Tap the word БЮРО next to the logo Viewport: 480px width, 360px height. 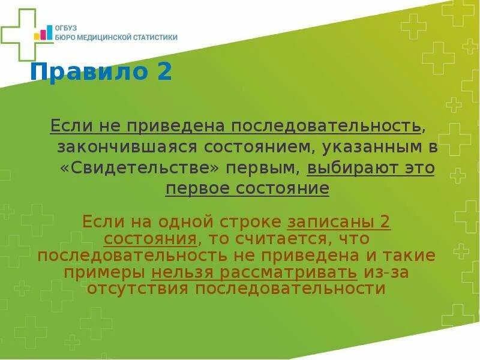click(65, 37)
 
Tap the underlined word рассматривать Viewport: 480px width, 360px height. click(290, 272)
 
